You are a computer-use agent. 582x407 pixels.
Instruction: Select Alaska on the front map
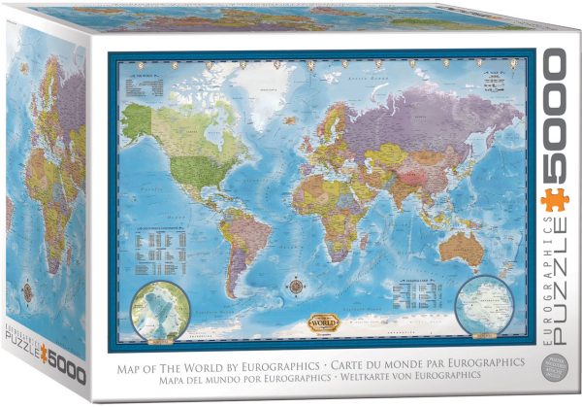coord(139,121)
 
